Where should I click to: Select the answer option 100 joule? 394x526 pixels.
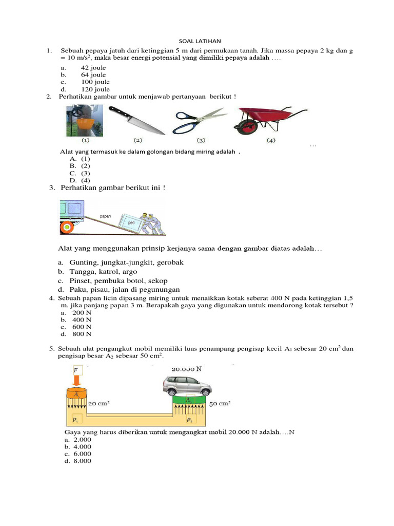(x=95, y=82)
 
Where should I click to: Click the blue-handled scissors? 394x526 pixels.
(x=200, y=120)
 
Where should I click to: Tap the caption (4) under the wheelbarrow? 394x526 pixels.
(x=270, y=140)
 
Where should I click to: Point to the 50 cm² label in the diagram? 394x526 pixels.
(x=220, y=404)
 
